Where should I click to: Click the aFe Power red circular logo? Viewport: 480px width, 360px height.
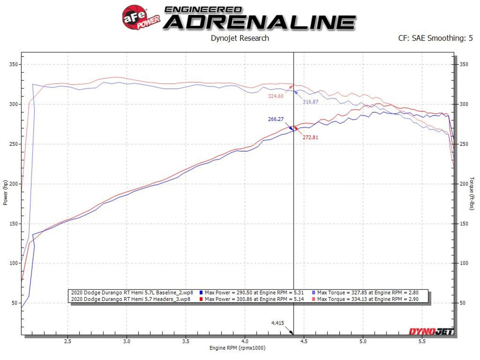click(135, 17)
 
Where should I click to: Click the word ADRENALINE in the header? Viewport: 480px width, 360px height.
click(259, 23)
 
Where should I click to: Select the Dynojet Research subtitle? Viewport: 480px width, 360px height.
click(240, 38)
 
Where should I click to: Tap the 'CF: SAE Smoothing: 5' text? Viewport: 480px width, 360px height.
click(435, 38)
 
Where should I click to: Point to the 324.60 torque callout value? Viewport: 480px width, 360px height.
click(276, 96)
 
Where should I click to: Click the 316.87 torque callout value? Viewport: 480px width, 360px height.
click(310, 102)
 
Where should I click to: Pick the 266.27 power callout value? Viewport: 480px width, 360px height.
click(276, 119)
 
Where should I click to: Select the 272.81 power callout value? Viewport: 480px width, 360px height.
click(310, 137)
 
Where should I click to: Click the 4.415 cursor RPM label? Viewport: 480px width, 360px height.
click(277, 323)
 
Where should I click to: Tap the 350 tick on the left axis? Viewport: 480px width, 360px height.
click(13, 64)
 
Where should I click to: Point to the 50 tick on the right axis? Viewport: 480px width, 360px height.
click(462, 303)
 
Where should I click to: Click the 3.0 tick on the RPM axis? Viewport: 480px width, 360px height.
click(127, 341)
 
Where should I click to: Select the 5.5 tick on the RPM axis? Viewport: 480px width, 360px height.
click(422, 341)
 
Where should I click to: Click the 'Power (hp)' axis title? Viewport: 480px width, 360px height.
click(5, 193)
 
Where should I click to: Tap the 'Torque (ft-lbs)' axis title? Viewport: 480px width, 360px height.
click(472, 193)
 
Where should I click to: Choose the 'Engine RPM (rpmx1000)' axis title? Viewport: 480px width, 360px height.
click(237, 348)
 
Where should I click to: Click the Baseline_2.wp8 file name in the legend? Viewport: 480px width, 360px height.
click(132, 293)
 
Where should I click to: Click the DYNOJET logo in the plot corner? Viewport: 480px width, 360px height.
click(431, 331)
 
